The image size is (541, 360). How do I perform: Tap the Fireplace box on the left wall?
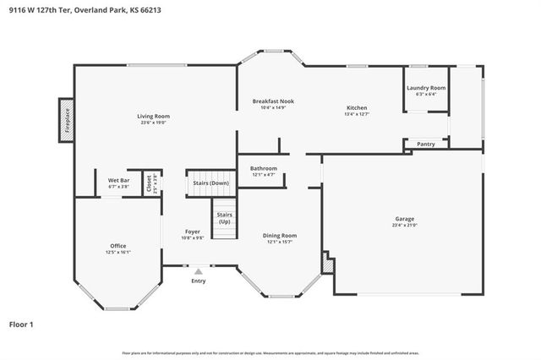[x=66, y=119]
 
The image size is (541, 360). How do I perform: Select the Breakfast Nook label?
[x=273, y=101]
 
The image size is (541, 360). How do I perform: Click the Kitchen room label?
[x=356, y=107]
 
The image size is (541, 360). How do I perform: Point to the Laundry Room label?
[x=425, y=88]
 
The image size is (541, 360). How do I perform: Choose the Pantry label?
[x=425, y=144]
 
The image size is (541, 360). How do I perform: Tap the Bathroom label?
[x=263, y=168]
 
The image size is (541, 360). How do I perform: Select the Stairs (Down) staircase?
[x=210, y=183]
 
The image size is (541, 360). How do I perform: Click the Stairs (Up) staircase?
[x=224, y=218]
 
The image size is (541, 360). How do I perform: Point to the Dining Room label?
[x=281, y=236]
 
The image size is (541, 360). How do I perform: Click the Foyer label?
[x=193, y=232]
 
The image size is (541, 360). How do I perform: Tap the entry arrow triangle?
[x=198, y=271]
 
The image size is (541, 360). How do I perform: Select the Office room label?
[x=117, y=246]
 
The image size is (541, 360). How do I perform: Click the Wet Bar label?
[x=117, y=181]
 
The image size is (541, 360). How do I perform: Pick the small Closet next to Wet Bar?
[x=150, y=183]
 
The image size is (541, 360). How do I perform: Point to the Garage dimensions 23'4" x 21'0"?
[x=404, y=226]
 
